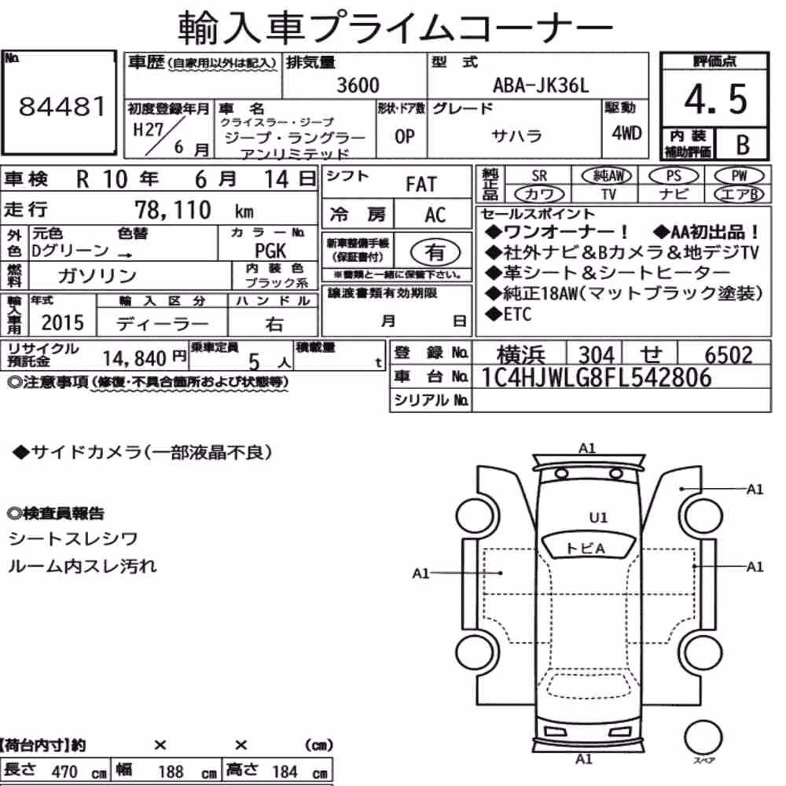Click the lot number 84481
pyautogui.click(x=62, y=106)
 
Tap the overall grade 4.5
pyautogui.click(x=715, y=99)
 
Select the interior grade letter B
pyautogui.click(x=743, y=145)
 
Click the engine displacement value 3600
pyautogui.click(x=358, y=85)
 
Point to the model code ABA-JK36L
pyautogui.click(x=541, y=85)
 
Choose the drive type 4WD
pyautogui.click(x=626, y=133)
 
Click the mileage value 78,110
pyautogui.click(x=173, y=210)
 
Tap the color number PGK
pyautogui.click(x=270, y=250)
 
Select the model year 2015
pyautogui.click(x=63, y=322)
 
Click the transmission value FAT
pyautogui.click(x=421, y=184)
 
